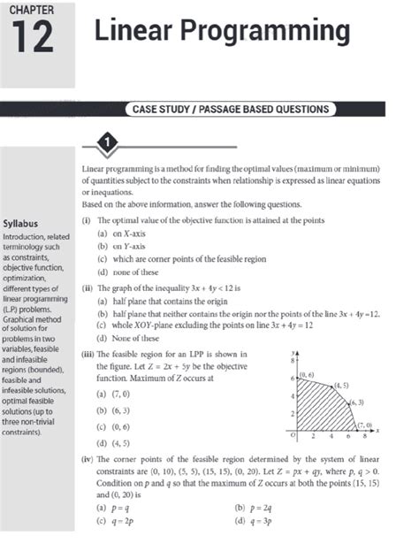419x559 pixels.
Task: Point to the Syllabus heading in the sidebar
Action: tap(26, 224)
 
